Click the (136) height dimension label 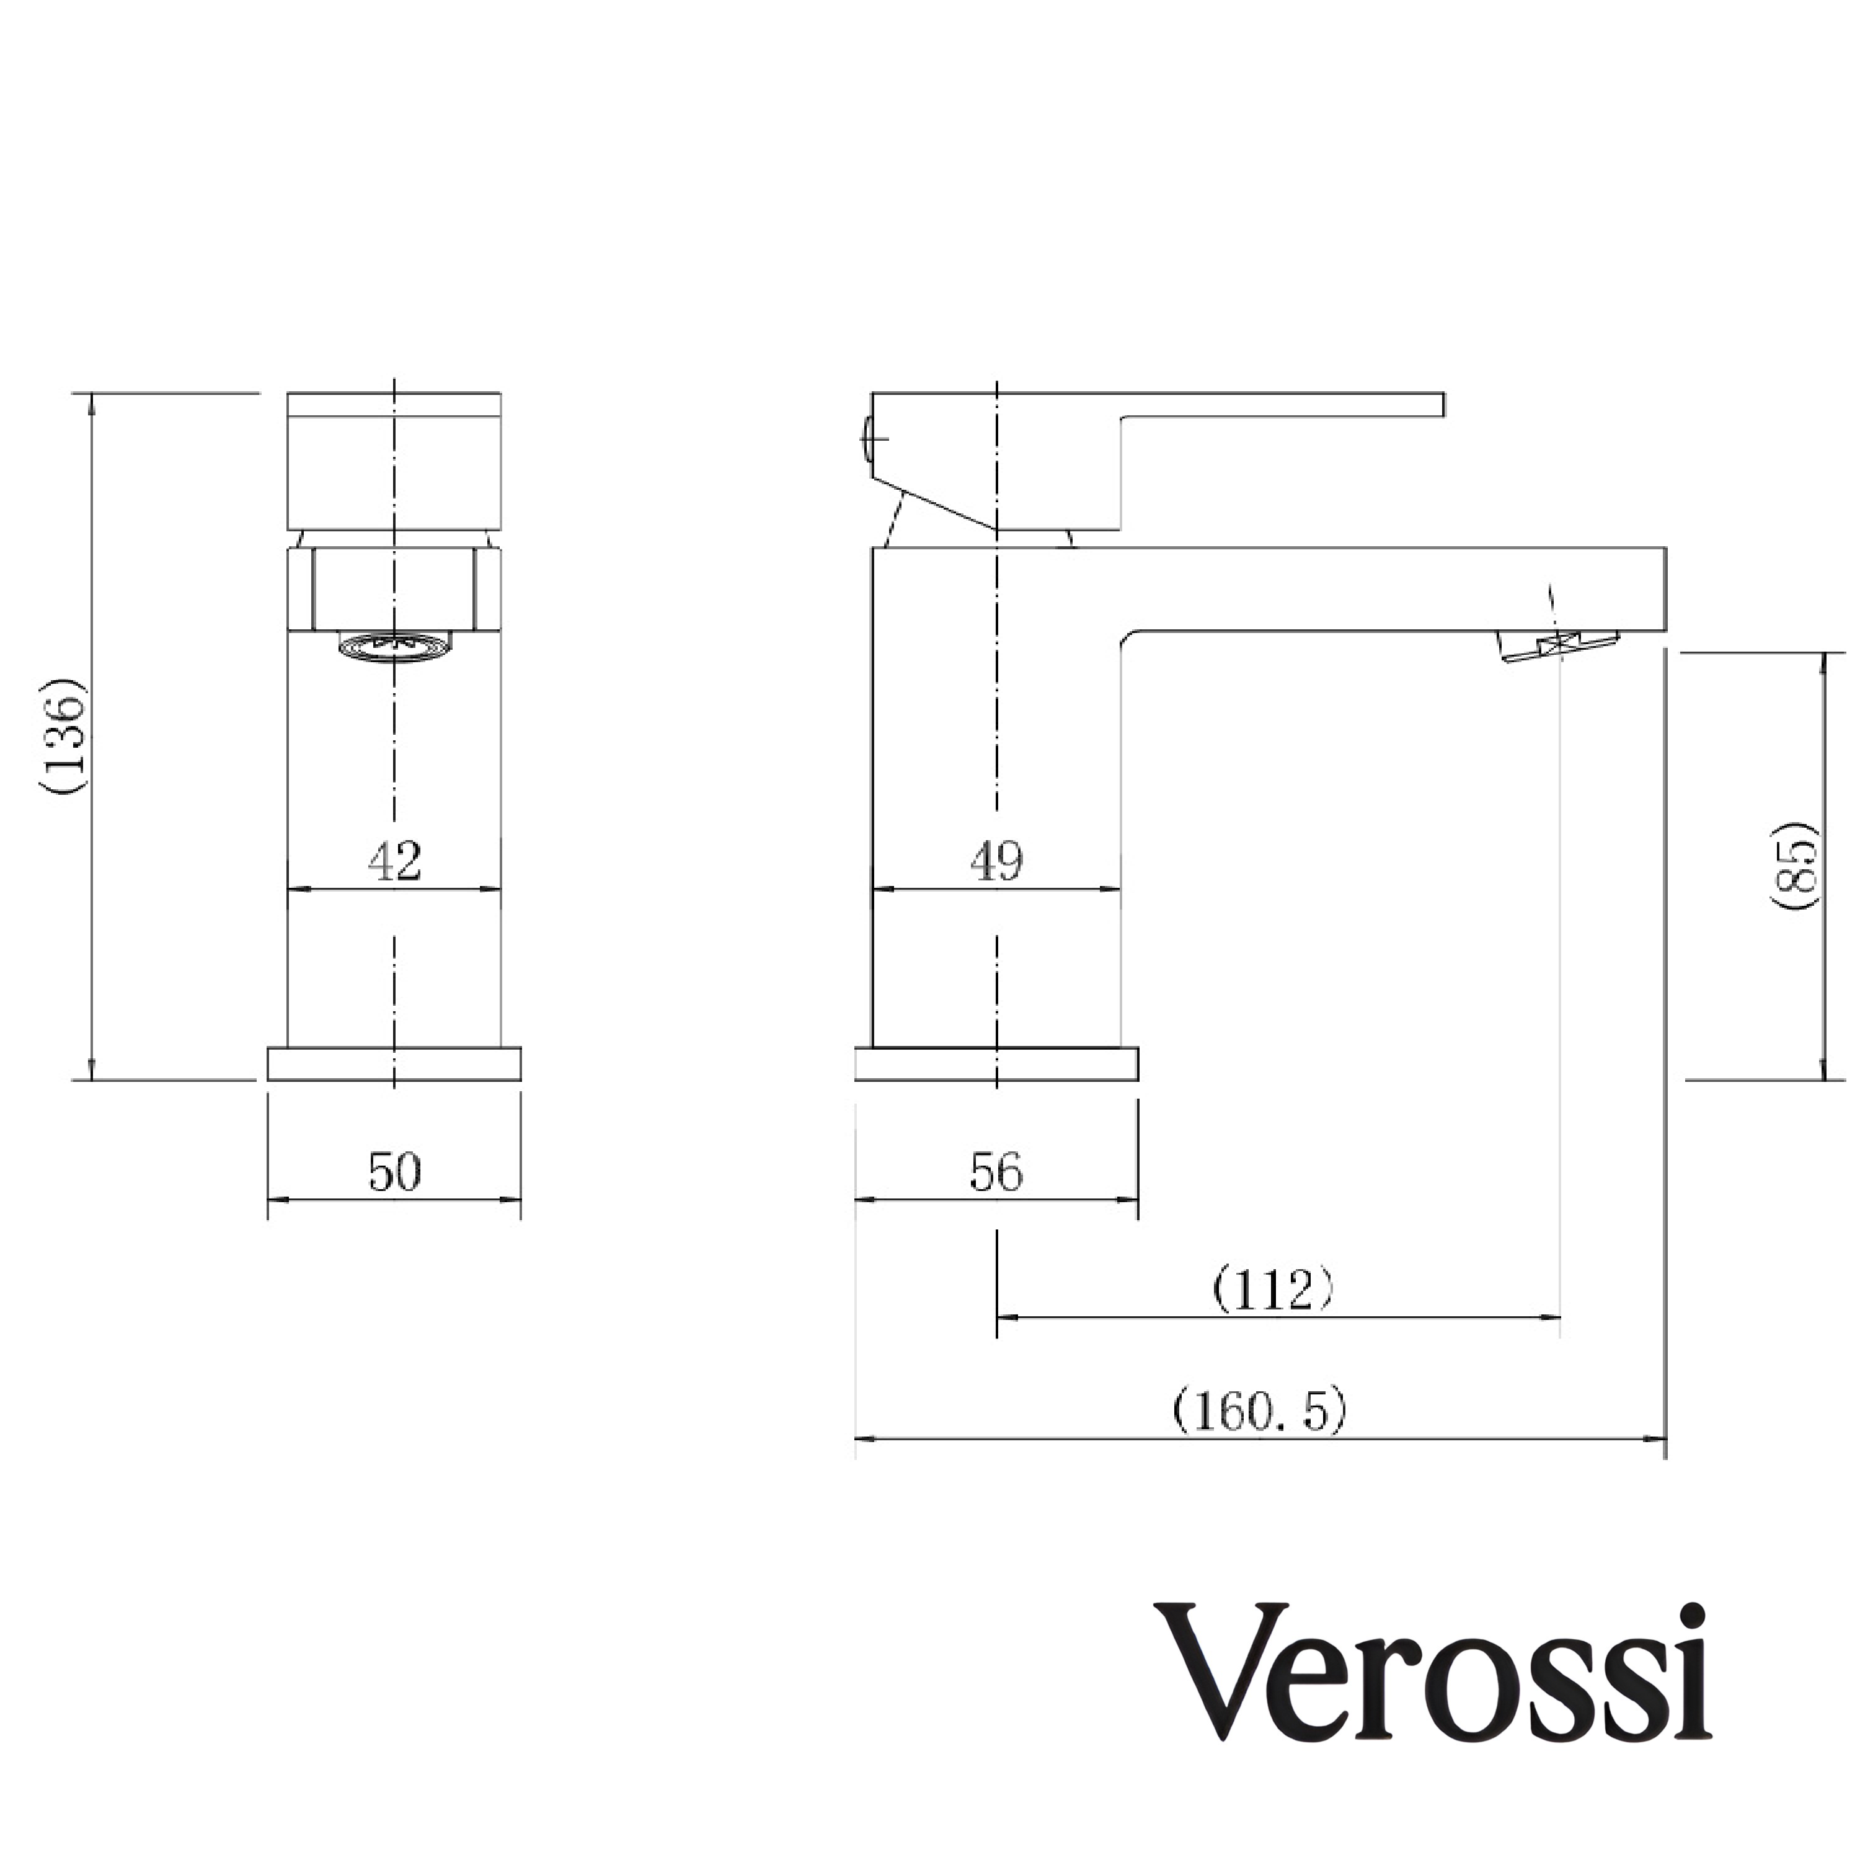coord(66,737)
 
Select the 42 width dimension coord(395,860)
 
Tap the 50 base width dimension coord(395,1172)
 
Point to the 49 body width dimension coord(996,860)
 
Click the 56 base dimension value coord(996,1172)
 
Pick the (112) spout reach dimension coord(1273,1290)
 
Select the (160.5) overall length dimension coord(1259,1411)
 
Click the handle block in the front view coord(395,462)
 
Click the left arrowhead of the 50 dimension coord(273,1200)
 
